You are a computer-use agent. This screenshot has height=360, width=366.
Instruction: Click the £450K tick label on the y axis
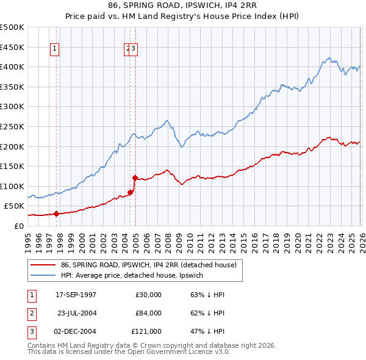pos(12,47)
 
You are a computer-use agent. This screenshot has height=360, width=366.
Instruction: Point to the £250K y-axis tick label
pos(12,126)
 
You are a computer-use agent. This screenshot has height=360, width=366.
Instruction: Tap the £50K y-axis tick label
pos(14,206)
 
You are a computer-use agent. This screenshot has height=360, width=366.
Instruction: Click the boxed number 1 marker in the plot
pos(55,50)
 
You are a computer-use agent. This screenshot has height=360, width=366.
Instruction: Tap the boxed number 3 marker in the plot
pos(134,50)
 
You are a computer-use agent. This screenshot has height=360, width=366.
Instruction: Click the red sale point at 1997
pos(56,214)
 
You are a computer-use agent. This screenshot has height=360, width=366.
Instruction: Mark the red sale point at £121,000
pos(134,178)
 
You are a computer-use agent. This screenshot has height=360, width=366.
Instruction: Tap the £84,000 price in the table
pos(148,313)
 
